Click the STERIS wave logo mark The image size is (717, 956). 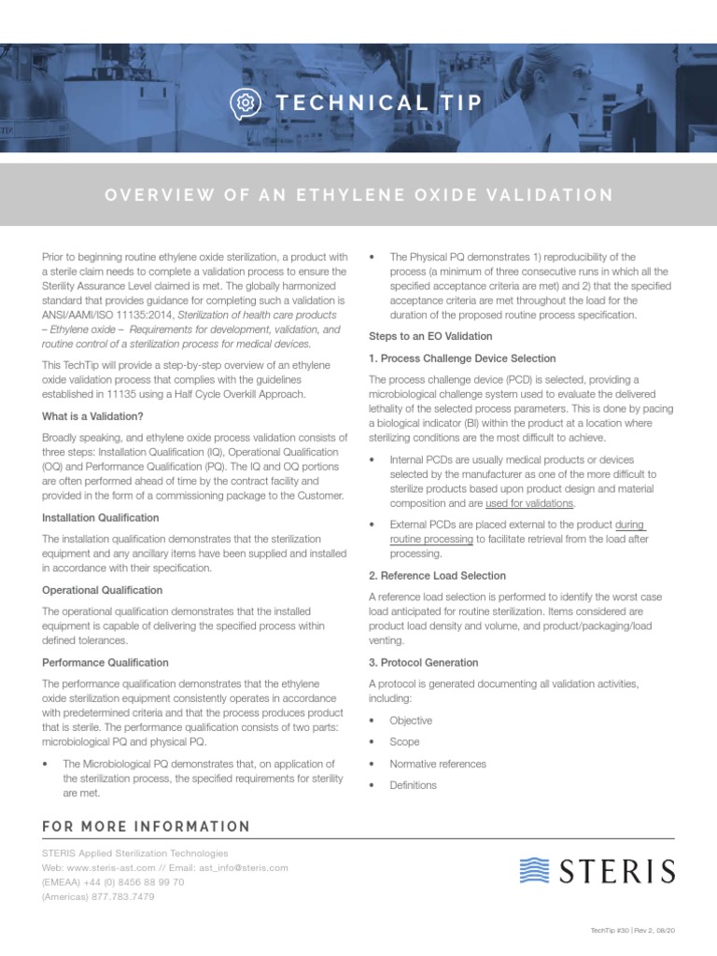[x=536, y=871]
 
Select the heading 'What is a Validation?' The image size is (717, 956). [x=93, y=415]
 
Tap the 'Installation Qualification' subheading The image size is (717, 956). [x=101, y=517]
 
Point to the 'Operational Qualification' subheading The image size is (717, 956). [x=103, y=590]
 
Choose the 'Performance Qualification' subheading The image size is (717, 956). [x=105, y=662]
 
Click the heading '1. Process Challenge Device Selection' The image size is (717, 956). [x=462, y=358]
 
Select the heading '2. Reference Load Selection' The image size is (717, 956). [x=438, y=575]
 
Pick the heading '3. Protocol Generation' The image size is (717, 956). [x=424, y=662]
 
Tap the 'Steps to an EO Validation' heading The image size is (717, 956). [x=430, y=336]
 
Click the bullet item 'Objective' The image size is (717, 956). [x=411, y=721]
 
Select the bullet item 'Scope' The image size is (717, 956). [x=404, y=742]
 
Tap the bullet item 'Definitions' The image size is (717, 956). [x=414, y=785]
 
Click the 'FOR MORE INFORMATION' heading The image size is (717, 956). [x=147, y=826]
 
